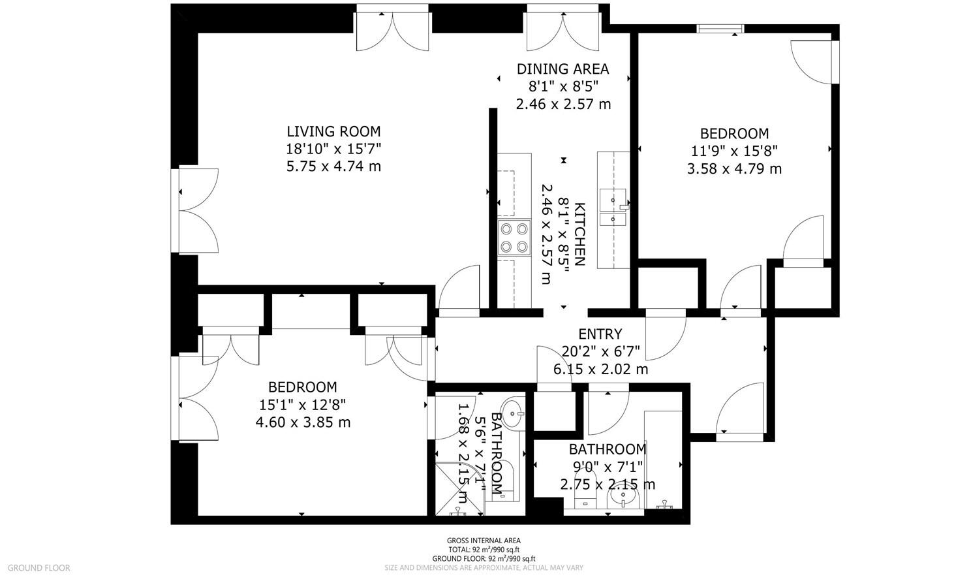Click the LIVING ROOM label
[333, 131]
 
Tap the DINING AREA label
[563, 69]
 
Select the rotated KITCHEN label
[580, 234]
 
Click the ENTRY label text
[600, 334]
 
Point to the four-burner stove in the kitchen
[514, 238]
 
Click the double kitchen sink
[613, 207]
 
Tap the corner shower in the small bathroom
[459, 489]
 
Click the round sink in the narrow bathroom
[514, 413]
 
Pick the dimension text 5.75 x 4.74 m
[333, 166]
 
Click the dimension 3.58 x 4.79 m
[734, 168]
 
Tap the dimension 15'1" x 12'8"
[303, 405]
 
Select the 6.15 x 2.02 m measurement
[600, 370]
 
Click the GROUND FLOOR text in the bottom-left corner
[39, 567]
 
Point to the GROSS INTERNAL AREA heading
[484, 541]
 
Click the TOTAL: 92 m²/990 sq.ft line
[484, 550]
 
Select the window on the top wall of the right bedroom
[720, 29]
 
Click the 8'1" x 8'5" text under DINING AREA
[563, 87]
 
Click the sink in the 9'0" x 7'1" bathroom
[623, 497]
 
